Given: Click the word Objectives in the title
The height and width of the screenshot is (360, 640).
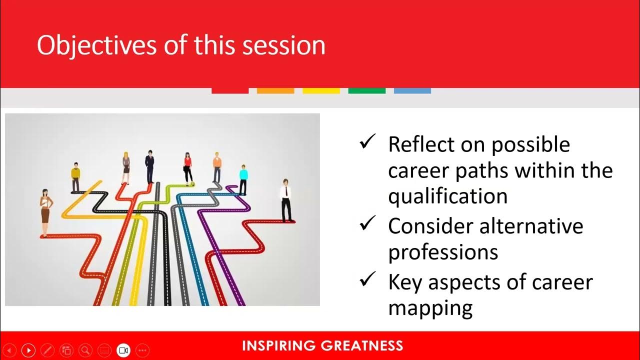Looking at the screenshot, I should click(97, 45).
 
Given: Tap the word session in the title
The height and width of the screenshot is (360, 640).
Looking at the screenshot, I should click(283, 45).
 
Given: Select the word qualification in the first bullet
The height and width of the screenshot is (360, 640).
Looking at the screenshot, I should click(447, 196).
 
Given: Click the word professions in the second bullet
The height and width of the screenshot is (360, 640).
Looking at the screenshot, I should click(443, 252).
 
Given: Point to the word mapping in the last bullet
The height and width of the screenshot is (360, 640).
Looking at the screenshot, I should click(430, 307).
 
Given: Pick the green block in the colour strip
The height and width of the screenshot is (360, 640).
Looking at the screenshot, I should click(366, 90).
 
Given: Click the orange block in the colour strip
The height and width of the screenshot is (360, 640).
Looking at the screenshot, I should click(275, 90).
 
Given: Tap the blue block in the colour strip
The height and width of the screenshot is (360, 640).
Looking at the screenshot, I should click(412, 90).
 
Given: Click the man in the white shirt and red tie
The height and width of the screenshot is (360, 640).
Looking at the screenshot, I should click(286, 200).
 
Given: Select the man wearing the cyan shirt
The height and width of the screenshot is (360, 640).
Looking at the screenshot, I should click(243, 179).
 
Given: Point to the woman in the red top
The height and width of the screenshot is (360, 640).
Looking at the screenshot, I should click(188, 167).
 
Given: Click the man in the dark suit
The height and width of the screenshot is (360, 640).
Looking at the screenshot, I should click(150, 166).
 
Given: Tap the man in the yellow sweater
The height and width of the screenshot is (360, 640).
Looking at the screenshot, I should click(75, 177).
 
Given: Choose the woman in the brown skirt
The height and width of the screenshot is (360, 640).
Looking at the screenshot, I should click(45, 212).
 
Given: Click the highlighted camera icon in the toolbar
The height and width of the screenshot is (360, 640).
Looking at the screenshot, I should click(123, 350).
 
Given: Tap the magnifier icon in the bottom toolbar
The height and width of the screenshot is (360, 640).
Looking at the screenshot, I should click(85, 350).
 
